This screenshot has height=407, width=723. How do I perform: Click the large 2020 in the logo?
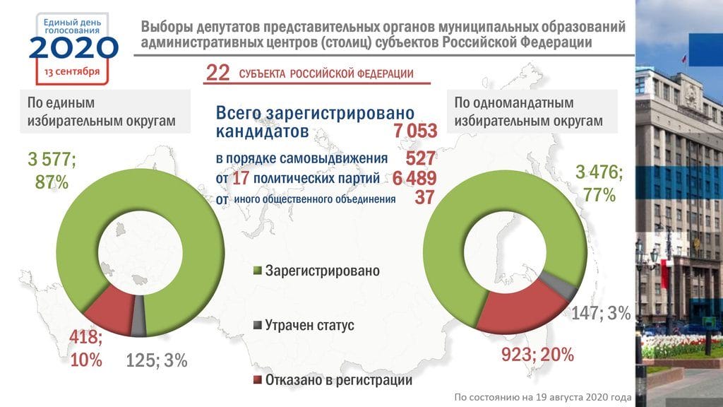[x=73, y=47]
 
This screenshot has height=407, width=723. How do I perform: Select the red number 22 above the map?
[x=217, y=73]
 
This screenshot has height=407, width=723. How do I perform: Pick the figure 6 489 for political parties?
[x=414, y=179]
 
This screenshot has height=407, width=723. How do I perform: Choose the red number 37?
[x=424, y=199]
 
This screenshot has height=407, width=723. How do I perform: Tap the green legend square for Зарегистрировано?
[x=258, y=271]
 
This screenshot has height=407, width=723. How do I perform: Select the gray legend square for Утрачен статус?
[x=258, y=326]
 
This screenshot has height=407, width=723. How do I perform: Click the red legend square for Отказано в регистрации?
[x=258, y=380]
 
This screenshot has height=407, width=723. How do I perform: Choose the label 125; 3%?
[x=156, y=360]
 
